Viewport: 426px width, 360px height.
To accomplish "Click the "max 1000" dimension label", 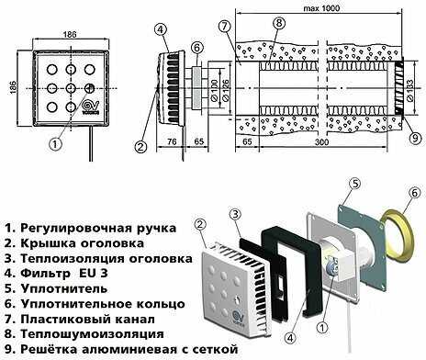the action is pyautogui.click(x=321, y=8).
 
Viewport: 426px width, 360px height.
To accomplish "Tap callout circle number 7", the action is pyautogui.click(x=224, y=27).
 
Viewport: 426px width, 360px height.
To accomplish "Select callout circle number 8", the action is pyautogui.click(x=279, y=23).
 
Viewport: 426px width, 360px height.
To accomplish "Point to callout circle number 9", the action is pyautogui.click(x=415, y=138).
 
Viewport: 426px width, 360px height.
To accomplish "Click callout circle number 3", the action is pyautogui.click(x=235, y=214).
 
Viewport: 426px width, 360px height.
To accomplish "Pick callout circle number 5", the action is pyautogui.click(x=355, y=184).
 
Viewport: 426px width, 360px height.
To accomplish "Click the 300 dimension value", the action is pyautogui.click(x=321, y=141).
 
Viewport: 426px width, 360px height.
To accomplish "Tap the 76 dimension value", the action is pyautogui.click(x=173, y=141).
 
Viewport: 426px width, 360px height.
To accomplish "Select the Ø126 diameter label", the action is pyautogui.click(x=226, y=93).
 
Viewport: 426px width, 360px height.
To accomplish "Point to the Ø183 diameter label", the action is pyautogui.click(x=410, y=90).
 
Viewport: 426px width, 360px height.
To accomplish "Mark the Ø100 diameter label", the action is pyautogui.click(x=215, y=91).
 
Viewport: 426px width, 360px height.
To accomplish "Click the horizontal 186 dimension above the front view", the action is pyautogui.click(x=70, y=34).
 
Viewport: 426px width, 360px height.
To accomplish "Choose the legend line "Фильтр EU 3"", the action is pyautogui.click(x=56, y=273).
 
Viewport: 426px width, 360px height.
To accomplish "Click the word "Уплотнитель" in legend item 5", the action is pyautogui.click(x=64, y=288).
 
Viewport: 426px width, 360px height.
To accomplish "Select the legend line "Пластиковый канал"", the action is pyautogui.click(x=80, y=319).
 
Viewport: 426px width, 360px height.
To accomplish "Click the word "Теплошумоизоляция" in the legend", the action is pyautogui.click(x=92, y=333).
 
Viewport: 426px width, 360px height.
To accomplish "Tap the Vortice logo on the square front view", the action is pyautogui.click(x=91, y=107).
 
